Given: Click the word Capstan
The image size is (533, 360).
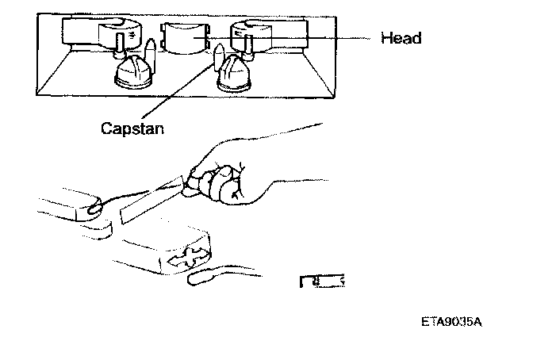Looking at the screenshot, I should pos(133,127).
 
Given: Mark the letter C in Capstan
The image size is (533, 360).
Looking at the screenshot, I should pos(106,127).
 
